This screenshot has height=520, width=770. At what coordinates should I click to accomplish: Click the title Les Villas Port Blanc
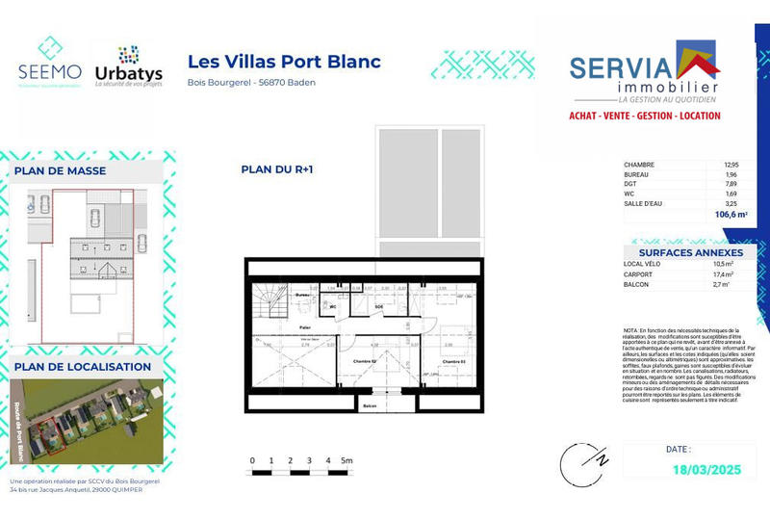pyautogui.click(x=284, y=62)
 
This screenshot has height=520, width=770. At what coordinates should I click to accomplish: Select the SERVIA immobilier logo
pyautogui.click(x=644, y=72)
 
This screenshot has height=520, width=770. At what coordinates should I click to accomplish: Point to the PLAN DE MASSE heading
pyautogui.click(x=60, y=171)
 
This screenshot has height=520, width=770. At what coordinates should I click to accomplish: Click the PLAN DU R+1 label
pyautogui.click(x=277, y=169)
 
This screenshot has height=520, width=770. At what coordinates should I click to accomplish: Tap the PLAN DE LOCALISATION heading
pyautogui.click(x=82, y=367)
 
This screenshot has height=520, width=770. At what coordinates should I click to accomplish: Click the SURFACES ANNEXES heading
pyautogui.click(x=685, y=252)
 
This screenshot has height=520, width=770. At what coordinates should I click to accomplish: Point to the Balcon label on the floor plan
pyautogui.click(x=369, y=406)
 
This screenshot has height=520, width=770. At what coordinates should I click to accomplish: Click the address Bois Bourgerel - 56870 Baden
pyautogui.click(x=251, y=83)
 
